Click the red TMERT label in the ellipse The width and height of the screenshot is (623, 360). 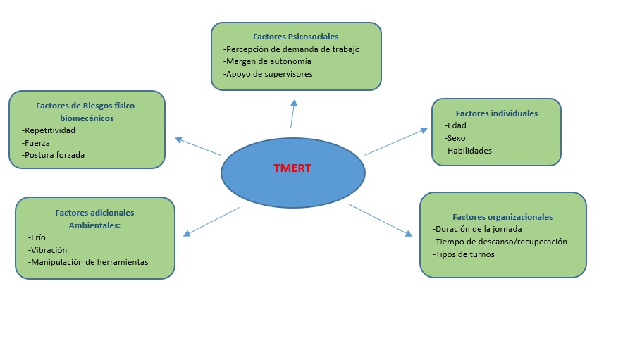click(292, 169)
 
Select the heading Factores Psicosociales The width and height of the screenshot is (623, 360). click(296, 36)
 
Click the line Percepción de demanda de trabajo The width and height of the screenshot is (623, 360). click(291, 49)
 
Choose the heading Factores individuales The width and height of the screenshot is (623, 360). click(496, 113)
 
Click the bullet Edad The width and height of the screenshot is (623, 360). click(455, 125)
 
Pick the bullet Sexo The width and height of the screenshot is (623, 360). click(455, 138)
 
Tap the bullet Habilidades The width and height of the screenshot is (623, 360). click(468, 150)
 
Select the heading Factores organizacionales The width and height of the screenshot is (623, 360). click(502, 217)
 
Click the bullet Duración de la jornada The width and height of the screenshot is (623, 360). click(478, 229)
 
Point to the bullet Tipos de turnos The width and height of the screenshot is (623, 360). click(464, 254)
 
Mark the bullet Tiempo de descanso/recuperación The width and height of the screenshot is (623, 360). click(500, 242)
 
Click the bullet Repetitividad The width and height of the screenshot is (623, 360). click(49, 130)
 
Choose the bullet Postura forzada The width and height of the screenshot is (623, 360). click(54, 154)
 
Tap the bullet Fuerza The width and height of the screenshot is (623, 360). click(37, 142)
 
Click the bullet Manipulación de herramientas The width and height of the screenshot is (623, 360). click(89, 262)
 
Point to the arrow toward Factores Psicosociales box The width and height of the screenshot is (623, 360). click(292, 113)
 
